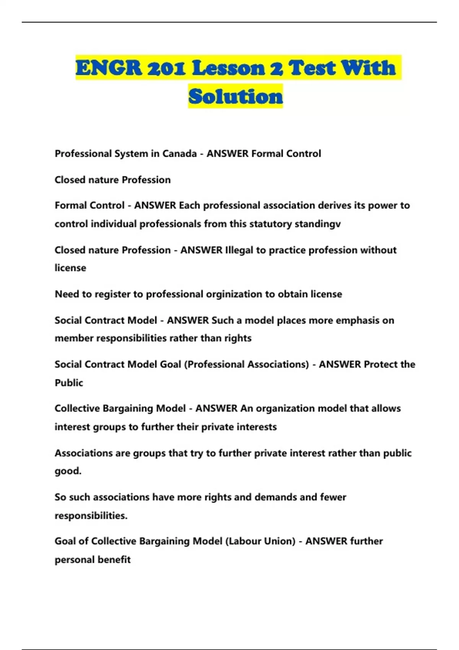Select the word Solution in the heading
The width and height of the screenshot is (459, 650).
click(236, 96)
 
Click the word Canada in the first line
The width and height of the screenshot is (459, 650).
click(179, 154)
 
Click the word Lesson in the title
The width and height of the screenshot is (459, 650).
click(228, 68)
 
